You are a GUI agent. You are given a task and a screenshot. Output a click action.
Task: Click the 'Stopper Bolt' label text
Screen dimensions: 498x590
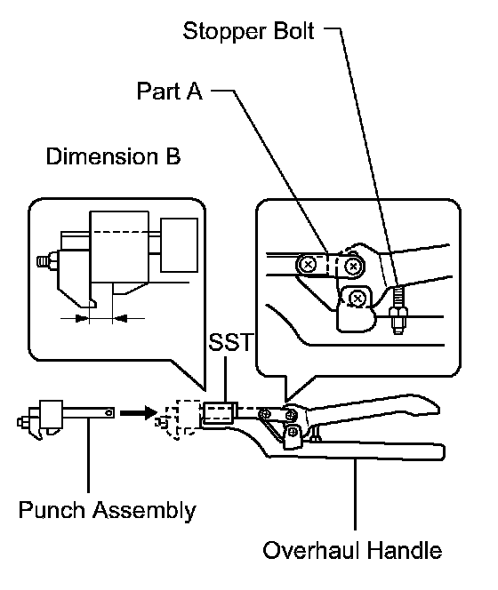[x=248, y=31]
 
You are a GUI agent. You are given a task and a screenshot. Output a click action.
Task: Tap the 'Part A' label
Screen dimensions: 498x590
[x=170, y=91]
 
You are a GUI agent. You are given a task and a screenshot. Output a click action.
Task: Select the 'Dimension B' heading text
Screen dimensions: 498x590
[x=113, y=156]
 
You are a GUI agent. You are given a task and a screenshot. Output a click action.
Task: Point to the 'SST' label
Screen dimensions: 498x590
[x=230, y=342]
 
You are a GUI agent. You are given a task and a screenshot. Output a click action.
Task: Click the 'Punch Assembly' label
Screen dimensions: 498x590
[x=108, y=511]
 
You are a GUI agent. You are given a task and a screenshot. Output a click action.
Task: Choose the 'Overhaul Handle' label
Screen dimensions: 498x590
[x=352, y=551]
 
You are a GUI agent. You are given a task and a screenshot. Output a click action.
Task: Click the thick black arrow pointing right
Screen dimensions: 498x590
[x=138, y=413]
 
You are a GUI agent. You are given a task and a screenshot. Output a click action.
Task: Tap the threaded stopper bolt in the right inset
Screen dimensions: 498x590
[x=398, y=310]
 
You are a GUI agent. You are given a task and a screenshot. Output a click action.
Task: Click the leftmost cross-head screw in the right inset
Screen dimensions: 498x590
[x=308, y=265]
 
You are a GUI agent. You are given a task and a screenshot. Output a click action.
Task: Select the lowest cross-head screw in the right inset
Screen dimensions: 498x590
[x=357, y=299]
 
